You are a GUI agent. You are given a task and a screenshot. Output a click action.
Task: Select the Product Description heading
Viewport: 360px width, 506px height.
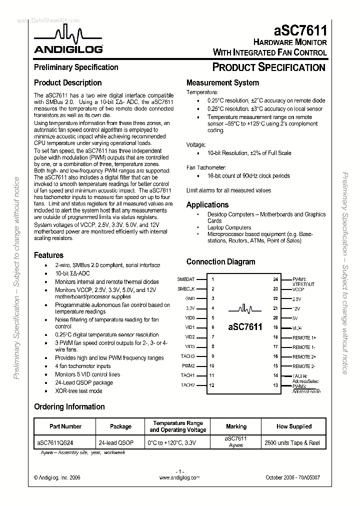[x=67, y=83]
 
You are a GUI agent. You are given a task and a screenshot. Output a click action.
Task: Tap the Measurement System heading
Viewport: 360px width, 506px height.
[x=222, y=83]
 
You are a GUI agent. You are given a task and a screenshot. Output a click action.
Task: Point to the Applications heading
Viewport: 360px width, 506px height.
[x=207, y=204]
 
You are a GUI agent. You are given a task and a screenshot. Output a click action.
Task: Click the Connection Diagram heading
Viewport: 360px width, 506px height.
[x=220, y=261]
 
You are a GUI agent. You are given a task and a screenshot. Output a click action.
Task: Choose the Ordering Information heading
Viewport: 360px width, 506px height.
[x=69, y=406]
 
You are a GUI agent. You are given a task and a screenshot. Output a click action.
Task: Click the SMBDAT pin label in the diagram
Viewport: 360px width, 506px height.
[x=186, y=279]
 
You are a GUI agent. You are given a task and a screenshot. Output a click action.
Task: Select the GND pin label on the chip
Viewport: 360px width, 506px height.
[x=189, y=298]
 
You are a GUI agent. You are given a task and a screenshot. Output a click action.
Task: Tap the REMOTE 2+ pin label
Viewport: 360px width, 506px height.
[x=304, y=356]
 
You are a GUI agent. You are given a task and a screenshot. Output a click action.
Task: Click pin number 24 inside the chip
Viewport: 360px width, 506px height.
[x=275, y=279]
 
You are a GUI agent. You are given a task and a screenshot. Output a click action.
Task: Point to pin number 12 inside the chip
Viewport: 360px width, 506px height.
[x=212, y=385]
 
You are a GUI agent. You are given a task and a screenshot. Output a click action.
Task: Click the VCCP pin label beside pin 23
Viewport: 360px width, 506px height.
[x=298, y=289]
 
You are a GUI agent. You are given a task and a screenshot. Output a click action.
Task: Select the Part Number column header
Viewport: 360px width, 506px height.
[x=65, y=426]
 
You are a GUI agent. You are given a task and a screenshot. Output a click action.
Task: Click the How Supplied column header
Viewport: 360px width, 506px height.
[x=293, y=426]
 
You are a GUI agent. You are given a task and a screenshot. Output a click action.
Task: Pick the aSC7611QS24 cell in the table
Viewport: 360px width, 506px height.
[x=58, y=442]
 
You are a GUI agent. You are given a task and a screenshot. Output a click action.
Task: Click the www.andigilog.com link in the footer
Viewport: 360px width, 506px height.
[x=179, y=477]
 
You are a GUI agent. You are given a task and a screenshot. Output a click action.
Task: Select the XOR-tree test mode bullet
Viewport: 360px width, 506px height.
[x=78, y=391]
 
